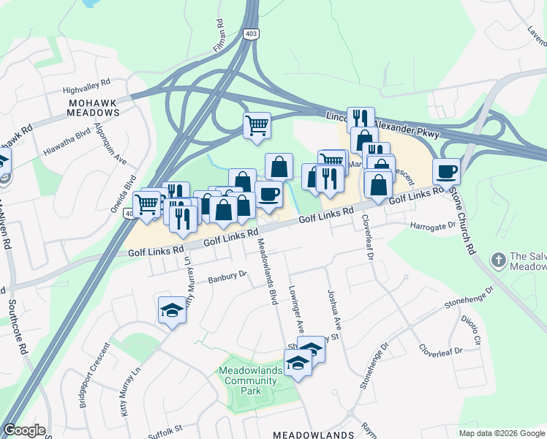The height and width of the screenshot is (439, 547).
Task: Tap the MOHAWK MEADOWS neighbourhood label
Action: [x=92, y=108]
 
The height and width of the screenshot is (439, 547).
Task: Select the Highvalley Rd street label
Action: [x=86, y=83]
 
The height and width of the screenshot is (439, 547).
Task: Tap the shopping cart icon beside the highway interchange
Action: [x=257, y=125]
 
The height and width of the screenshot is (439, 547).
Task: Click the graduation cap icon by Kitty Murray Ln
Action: [x=172, y=310]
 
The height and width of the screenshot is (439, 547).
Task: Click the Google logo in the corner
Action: [x=24, y=430]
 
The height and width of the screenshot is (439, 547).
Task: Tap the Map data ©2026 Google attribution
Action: [x=502, y=433]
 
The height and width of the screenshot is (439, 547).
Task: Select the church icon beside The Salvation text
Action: [x=498, y=260]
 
